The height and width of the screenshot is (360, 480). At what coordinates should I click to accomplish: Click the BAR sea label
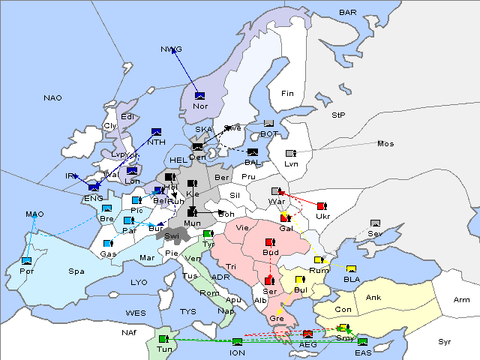(x=348, y=13)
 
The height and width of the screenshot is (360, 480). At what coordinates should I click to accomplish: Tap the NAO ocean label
(x=52, y=98)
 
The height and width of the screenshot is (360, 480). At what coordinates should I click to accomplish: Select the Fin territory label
(x=286, y=94)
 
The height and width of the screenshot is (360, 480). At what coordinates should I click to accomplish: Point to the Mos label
(x=385, y=143)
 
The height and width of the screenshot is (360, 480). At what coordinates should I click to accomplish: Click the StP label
(x=338, y=115)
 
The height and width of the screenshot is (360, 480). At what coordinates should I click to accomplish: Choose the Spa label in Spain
(x=76, y=271)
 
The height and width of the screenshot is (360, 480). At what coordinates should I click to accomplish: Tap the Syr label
(x=445, y=341)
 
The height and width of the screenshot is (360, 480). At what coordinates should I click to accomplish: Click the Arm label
(x=462, y=300)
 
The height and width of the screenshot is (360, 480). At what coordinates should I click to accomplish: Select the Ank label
(x=373, y=298)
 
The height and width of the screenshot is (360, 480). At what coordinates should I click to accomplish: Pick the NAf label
(x=130, y=331)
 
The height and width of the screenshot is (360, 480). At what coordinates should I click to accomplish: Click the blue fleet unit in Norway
(x=199, y=95)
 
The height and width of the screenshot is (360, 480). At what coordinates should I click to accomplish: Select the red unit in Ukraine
(x=322, y=206)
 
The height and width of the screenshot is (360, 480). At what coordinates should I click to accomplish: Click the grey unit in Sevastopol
(x=375, y=223)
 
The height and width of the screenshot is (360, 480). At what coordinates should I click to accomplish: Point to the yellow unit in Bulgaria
(x=300, y=280)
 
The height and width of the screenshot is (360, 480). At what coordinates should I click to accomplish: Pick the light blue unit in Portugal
(x=27, y=261)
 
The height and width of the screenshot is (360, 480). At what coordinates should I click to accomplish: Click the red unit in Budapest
(x=271, y=243)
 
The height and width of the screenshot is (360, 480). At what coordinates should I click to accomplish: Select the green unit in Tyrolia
(x=208, y=234)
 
